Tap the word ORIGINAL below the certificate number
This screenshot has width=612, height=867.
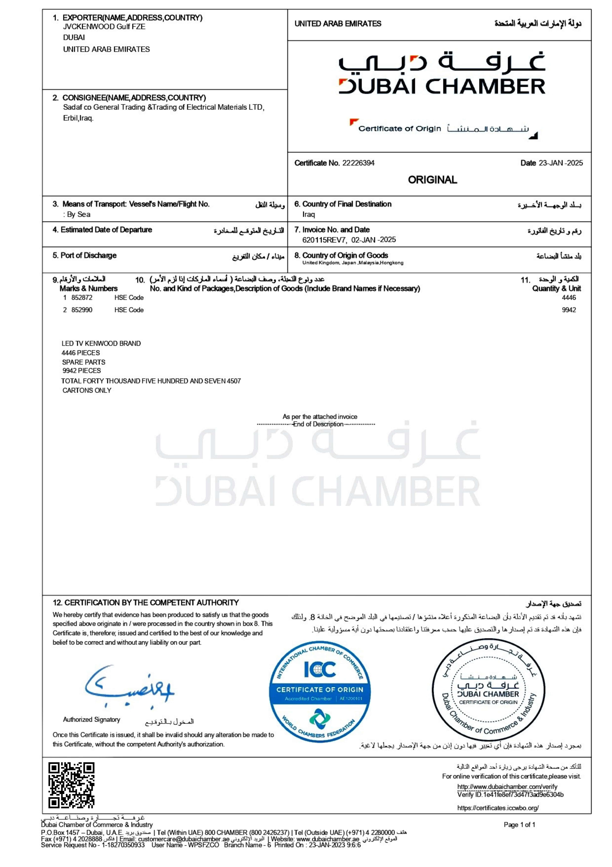pyautogui.click(x=432, y=180)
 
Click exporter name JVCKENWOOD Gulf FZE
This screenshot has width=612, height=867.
pyautogui.click(x=104, y=27)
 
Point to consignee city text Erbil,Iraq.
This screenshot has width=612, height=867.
pyautogui.click(x=78, y=118)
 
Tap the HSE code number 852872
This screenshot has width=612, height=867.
pyautogui.click(x=82, y=298)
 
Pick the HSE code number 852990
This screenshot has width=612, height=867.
pyautogui.click(x=82, y=310)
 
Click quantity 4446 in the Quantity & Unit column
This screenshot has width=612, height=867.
pyautogui.click(x=569, y=298)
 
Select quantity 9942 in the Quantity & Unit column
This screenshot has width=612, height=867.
pyautogui.click(x=569, y=310)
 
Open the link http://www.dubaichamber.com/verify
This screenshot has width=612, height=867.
pyautogui.click(x=507, y=787)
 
